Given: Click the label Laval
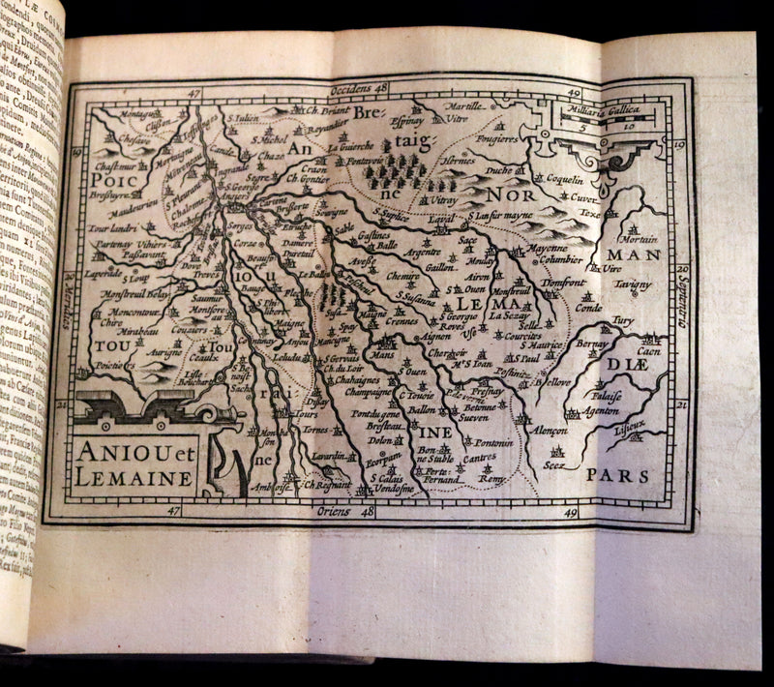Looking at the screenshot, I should (x=441, y=220).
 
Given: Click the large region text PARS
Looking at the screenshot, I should (x=617, y=475).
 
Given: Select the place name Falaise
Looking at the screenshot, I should (x=607, y=395).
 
